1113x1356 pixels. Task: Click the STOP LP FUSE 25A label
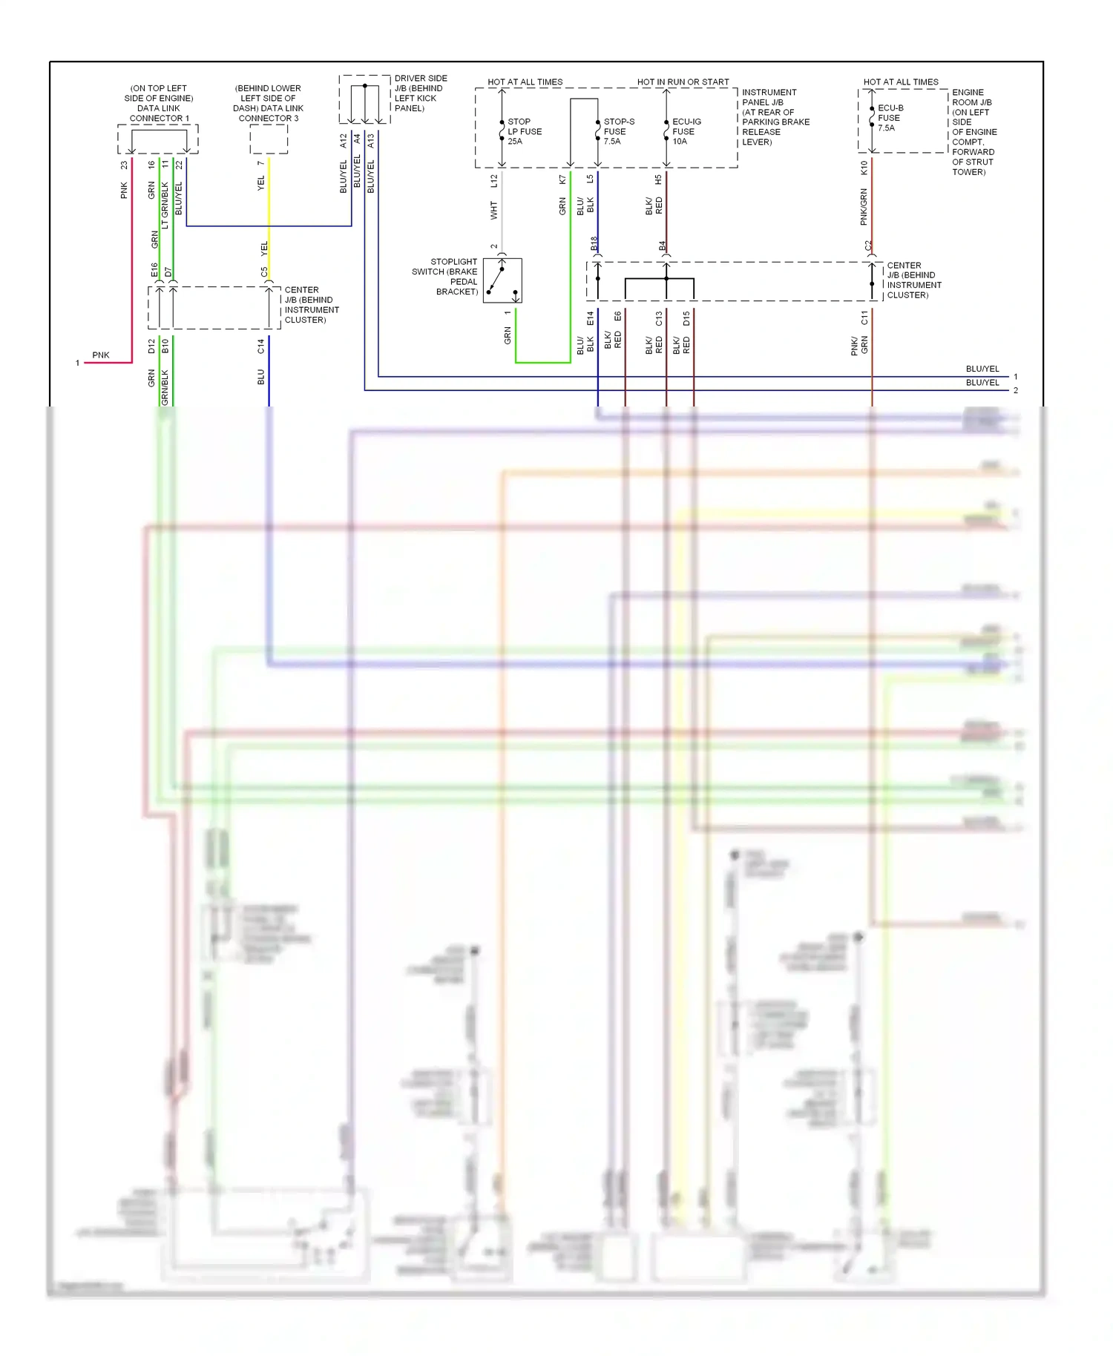[x=524, y=131]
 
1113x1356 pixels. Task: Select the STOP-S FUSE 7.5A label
[x=618, y=131]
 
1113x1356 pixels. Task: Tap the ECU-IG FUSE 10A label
[x=686, y=131]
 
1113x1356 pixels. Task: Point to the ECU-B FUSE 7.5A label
[x=890, y=118]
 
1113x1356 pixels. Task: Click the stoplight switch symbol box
[x=502, y=280]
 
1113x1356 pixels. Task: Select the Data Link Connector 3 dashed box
[x=269, y=139]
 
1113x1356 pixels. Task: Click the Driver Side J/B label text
[x=420, y=93]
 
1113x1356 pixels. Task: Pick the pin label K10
[x=864, y=168]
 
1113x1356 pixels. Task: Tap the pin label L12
[x=494, y=180]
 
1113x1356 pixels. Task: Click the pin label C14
[x=260, y=346]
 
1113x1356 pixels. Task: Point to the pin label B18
[x=594, y=243]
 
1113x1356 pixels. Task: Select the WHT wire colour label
[x=494, y=211]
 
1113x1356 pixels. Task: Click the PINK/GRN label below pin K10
[x=864, y=207]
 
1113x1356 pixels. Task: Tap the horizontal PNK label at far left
[x=101, y=355]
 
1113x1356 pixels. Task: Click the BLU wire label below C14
[x=260, y=377]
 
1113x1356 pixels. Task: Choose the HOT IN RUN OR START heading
[x=683, y=82]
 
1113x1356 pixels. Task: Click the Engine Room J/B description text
[x=974, y=132]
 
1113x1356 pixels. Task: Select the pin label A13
[x=370, y=141]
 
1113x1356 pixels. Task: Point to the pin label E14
[x=590, y=318]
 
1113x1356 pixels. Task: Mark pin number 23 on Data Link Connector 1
[x=124, y=165]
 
